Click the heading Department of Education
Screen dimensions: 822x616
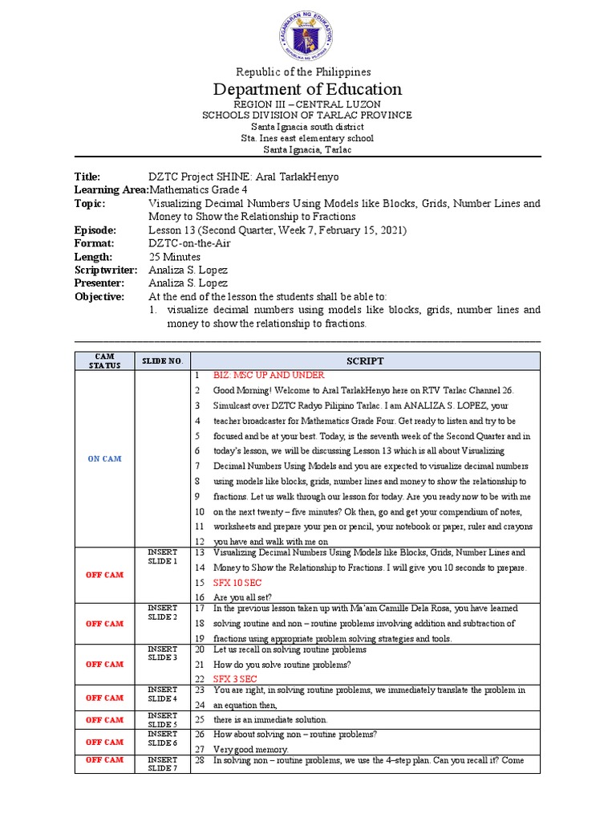(x=308, y=89)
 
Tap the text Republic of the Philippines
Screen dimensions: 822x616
(x=308, y=72)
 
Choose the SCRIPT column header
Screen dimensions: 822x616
(x=365, y=361)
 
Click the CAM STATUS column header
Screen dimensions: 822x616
(x=105, y=361)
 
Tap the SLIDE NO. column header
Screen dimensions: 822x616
(x=163, y=361)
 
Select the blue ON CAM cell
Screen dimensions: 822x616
(x=105, y=458)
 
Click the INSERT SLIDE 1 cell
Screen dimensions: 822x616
(x=163, y=556)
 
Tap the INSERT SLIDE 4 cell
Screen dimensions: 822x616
(x=163, y=694)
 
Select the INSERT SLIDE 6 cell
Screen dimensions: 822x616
(x=163, y=739)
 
